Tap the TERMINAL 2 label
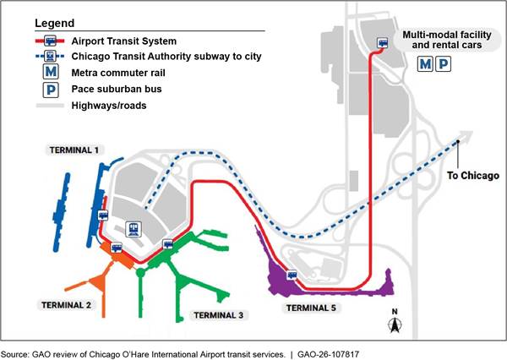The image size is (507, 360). coord(65,303)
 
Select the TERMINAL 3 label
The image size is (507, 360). coord(219,315)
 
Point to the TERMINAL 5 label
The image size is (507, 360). coord(308,308)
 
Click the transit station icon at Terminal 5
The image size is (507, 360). coord(292,275)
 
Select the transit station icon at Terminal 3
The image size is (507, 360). coord(167,244)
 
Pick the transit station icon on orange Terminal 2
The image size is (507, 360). coord(117,247)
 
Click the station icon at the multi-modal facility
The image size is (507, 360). coord(383,41)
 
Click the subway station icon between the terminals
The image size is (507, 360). coord(134,228)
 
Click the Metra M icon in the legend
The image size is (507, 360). coord(51,73)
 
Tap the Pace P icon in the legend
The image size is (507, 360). coord(51,90)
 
